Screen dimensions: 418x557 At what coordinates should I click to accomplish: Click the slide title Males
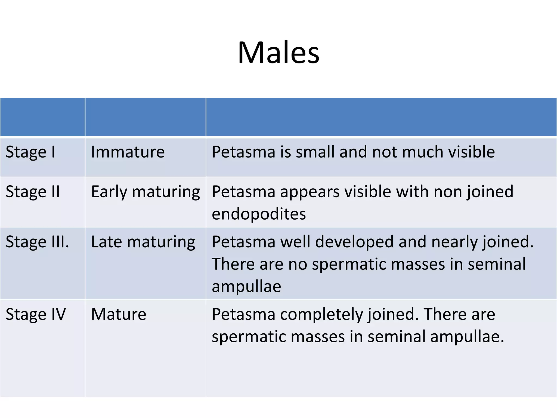(278, 52)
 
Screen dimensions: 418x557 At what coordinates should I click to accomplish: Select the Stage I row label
(30, 152)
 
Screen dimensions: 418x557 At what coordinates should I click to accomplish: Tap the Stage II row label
(33, 192)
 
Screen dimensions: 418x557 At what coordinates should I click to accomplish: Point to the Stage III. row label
(37, 242)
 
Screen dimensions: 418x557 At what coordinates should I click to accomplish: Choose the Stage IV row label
(36, 314)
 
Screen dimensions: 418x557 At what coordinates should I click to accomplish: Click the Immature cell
(128, 152)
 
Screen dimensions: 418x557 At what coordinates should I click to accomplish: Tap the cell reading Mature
(119, 314)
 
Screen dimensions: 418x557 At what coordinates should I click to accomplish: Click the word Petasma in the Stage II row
(243, 192)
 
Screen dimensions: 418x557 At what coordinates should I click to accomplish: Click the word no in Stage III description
(298, 264)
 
